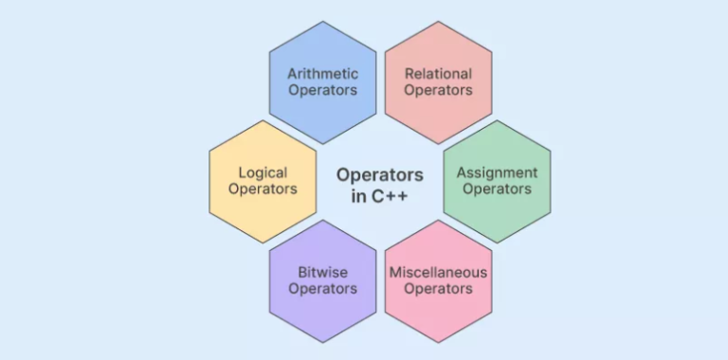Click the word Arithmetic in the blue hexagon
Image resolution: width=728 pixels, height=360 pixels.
tap(322, 74)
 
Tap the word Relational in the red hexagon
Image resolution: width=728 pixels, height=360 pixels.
tap(438, 74)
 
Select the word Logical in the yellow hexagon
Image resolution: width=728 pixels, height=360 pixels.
tap(264, 172)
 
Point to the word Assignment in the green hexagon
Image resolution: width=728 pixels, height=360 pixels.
tap(497, 172)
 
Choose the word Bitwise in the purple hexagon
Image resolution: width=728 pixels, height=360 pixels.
tap(322, 273)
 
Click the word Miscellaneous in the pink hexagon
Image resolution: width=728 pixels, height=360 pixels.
tap(438, 273)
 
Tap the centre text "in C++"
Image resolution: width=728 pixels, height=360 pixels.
tap(379, 196)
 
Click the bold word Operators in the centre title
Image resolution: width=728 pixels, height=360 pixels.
tap(379, 175)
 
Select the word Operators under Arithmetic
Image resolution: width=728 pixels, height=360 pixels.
tap(322, 90)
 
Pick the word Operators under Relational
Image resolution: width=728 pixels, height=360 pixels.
tap(438, 90)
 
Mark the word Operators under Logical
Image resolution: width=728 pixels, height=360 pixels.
tap(264, 189)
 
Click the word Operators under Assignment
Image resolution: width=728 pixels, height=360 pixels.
tap(497, 189)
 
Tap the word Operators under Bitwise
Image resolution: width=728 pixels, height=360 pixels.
tap(322, 289)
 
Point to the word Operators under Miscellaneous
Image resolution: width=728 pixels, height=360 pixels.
tap(438, 289)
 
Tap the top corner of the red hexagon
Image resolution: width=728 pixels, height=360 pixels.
tap(438, 21)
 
